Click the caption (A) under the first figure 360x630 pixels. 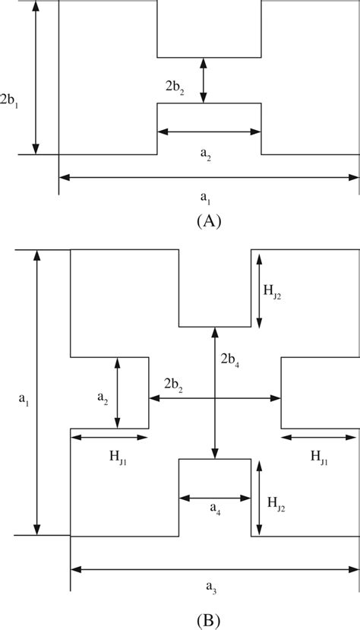[x=208, y=220]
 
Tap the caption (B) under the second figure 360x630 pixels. [x=208, y=619]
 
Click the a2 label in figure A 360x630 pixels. [x=206, y=153]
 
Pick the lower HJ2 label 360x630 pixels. [x=273, y=502]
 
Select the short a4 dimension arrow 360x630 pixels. [x=214, y=499]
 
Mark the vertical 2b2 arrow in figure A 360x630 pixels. [x=203, y=81]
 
